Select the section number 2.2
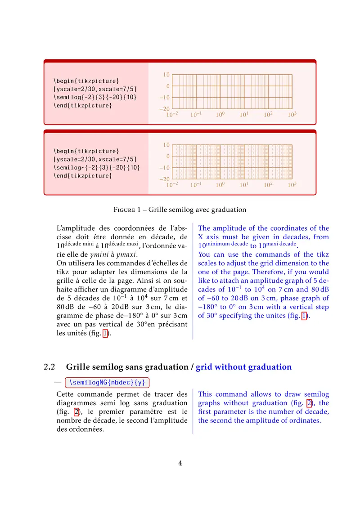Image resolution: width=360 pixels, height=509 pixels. (x=49, y=367)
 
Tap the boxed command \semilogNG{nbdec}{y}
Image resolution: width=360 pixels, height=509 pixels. (x=108, y=382)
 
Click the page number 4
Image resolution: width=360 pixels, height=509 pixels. (x=180, y=463)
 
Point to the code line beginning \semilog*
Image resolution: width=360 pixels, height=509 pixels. (x=97, y=167)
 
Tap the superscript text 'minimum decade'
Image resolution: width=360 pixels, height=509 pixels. (x=227, y=244)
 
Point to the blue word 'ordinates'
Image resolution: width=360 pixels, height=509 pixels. (x=306, y=420)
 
